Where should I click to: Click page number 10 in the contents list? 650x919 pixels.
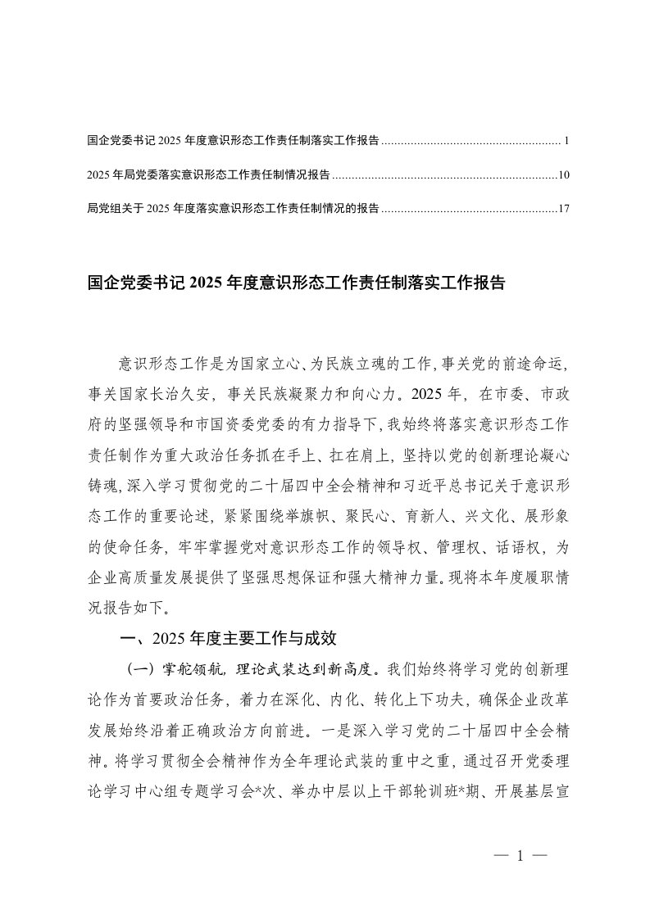562,174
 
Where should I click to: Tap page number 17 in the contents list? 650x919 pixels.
562,209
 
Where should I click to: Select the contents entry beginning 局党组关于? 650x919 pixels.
233,209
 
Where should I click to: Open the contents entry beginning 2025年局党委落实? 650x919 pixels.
208,174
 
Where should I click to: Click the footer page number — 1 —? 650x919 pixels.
520,856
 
